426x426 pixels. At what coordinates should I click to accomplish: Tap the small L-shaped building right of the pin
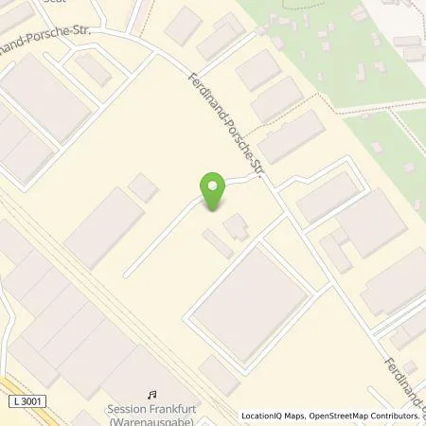236,225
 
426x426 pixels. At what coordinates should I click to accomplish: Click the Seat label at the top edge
38,3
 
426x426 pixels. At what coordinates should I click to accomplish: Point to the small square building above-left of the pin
143,187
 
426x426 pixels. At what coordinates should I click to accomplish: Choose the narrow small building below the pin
217,243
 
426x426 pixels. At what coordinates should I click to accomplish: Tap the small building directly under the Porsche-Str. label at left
92,68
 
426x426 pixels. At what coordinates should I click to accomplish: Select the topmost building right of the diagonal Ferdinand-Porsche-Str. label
258,72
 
